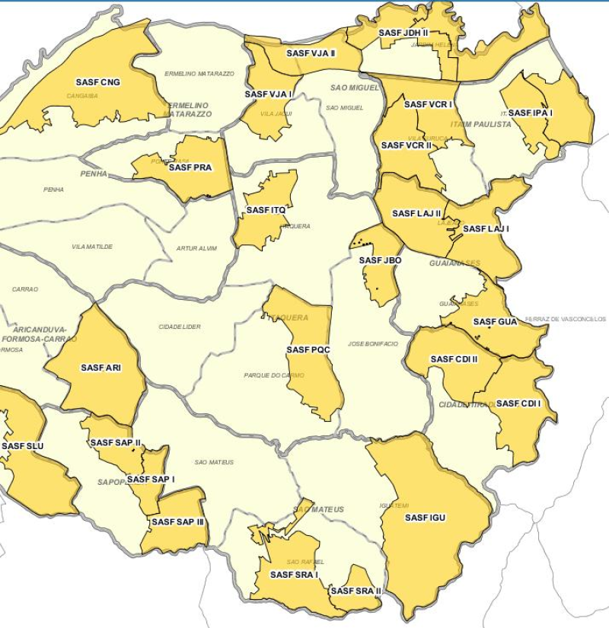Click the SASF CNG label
click(x=98, y=82)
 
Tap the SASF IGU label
click(x=426, y=518)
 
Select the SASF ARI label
click(x=101, y=368)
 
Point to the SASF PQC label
click(x=308, y=350)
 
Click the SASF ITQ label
click(x=266, y=210)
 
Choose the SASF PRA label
click(x=190, y=167)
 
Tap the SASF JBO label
click(x=381, y=260)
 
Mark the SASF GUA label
click(x=496, y=322)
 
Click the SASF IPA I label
click(x=531, y=113)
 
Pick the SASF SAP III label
click(x=177, y=522)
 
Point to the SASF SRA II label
click(x=356, y=591)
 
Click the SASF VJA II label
click(x=311, y=53)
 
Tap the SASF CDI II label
click(x=454, y=359)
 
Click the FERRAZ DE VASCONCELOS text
click(x=566, y=319)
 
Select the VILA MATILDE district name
click(x=92, y=247)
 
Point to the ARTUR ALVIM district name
click(x=197, y=248)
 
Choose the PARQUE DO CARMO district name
click(x=274, y=375)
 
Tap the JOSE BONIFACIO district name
click(x=373, y=344)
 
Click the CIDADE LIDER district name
click(x=180, y=327)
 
